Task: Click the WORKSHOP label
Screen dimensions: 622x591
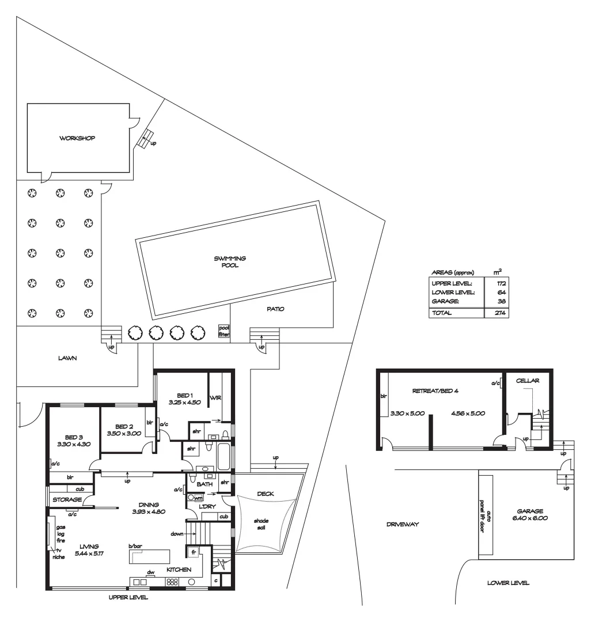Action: click(x=77, y=138)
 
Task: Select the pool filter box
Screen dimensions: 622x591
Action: click(x=223, y=331)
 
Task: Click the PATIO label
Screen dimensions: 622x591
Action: click(x=275, y=309)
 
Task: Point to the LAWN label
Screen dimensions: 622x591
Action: click(x=67, y=358)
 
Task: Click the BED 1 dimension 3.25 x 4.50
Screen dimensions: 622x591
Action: click(x=184, y=403)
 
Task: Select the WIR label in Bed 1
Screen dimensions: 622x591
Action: click(x=217, y=397)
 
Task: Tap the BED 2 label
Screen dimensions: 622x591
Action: click(x=124, y=426)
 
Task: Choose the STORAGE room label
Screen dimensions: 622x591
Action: click(x=67, y=500)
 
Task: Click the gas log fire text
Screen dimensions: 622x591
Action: click(x=60, y=534)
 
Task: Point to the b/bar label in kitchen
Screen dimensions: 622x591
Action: click(x=135, y=546)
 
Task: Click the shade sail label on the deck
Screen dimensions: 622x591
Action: click(x=262, y=525)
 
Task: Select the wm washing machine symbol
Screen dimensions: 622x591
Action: click(x=191, y=498)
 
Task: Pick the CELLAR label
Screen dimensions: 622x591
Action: click(x=527, y=381)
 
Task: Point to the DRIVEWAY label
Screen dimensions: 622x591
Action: click(x=403, y=525)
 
